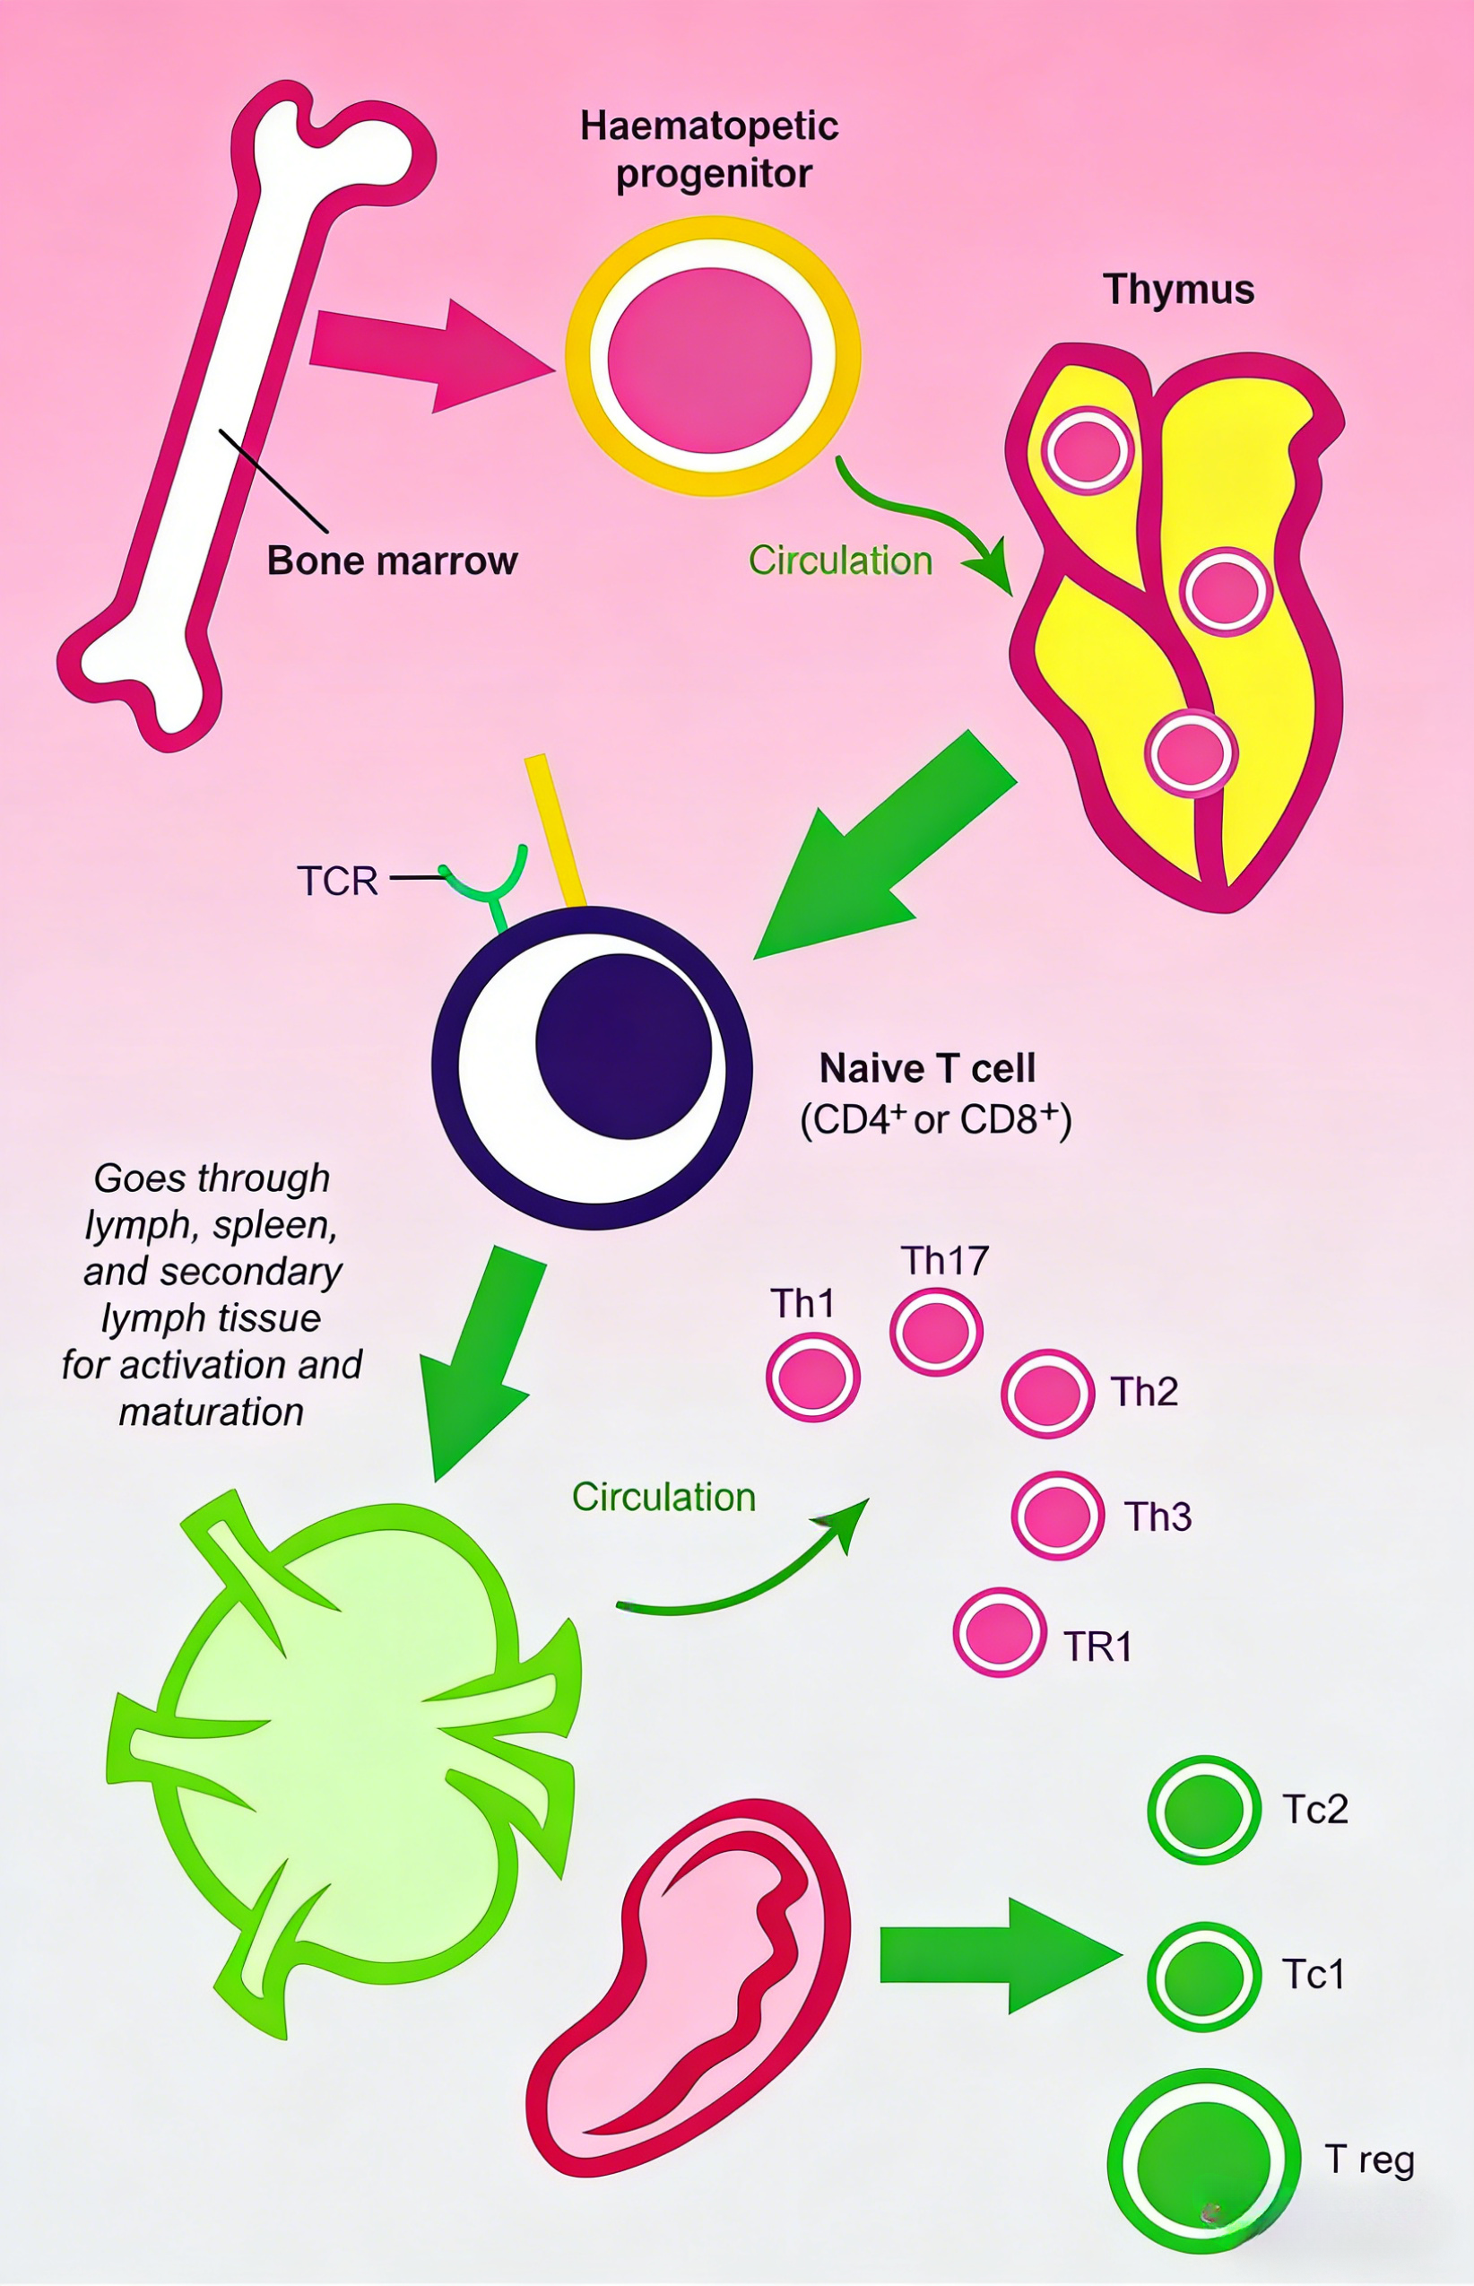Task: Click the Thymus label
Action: click(x=1178, y=289)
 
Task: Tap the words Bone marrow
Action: click(x=392, y=560)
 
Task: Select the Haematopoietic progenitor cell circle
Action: click(x=712, y=356)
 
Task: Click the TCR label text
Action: click(x=337, y=881)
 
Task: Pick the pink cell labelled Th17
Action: click(x=936, y=1332)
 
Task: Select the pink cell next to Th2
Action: click(x=1047, y=1394)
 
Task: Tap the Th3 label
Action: click(x=1158, y=1517)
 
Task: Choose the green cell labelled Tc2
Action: click(x=1203, y=1810)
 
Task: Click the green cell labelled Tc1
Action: click(x=1203, y=1977)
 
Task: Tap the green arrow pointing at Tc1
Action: click(x=995, y=1955)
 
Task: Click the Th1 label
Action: click(x=802, y=1303)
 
